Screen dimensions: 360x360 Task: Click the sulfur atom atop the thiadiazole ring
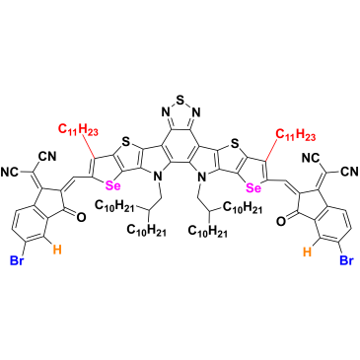point(180,98)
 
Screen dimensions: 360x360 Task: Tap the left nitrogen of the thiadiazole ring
point(165,112)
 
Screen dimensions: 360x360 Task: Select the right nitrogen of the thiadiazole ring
point(196,112)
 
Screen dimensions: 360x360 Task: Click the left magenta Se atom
point(112,186)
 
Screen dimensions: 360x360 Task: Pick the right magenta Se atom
point(253,188)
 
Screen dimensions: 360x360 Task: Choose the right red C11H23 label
point(295,135)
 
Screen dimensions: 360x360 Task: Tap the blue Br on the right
point(346,260)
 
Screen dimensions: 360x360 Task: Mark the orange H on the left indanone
point(57,251)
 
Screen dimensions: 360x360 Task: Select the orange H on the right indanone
point(307,252)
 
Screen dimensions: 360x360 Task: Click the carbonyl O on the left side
point(82,217)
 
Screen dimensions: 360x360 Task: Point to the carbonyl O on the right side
point(280,221)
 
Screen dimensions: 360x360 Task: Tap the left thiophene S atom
point(124,142)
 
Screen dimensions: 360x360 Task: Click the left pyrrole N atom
point(158,178)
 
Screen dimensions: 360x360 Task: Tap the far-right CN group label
point(349,171)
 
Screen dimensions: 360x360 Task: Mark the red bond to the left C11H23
point(89,147)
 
